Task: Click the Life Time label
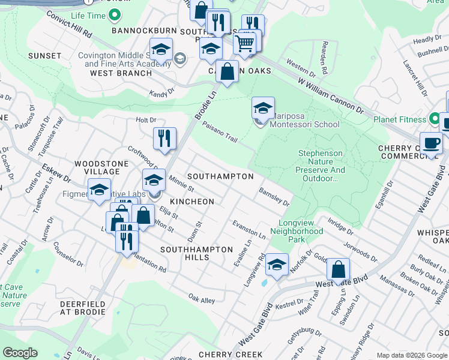coord(88,16)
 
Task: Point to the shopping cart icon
coord(244,43)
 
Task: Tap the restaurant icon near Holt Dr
coord(164,139)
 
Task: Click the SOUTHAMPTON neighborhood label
coord(220,177)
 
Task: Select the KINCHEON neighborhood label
coord(191,202)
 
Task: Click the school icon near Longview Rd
coord(277,265)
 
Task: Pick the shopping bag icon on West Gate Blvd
coord(339,270)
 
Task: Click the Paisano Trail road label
coord(220,131)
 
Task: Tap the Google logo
coord(20,353)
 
